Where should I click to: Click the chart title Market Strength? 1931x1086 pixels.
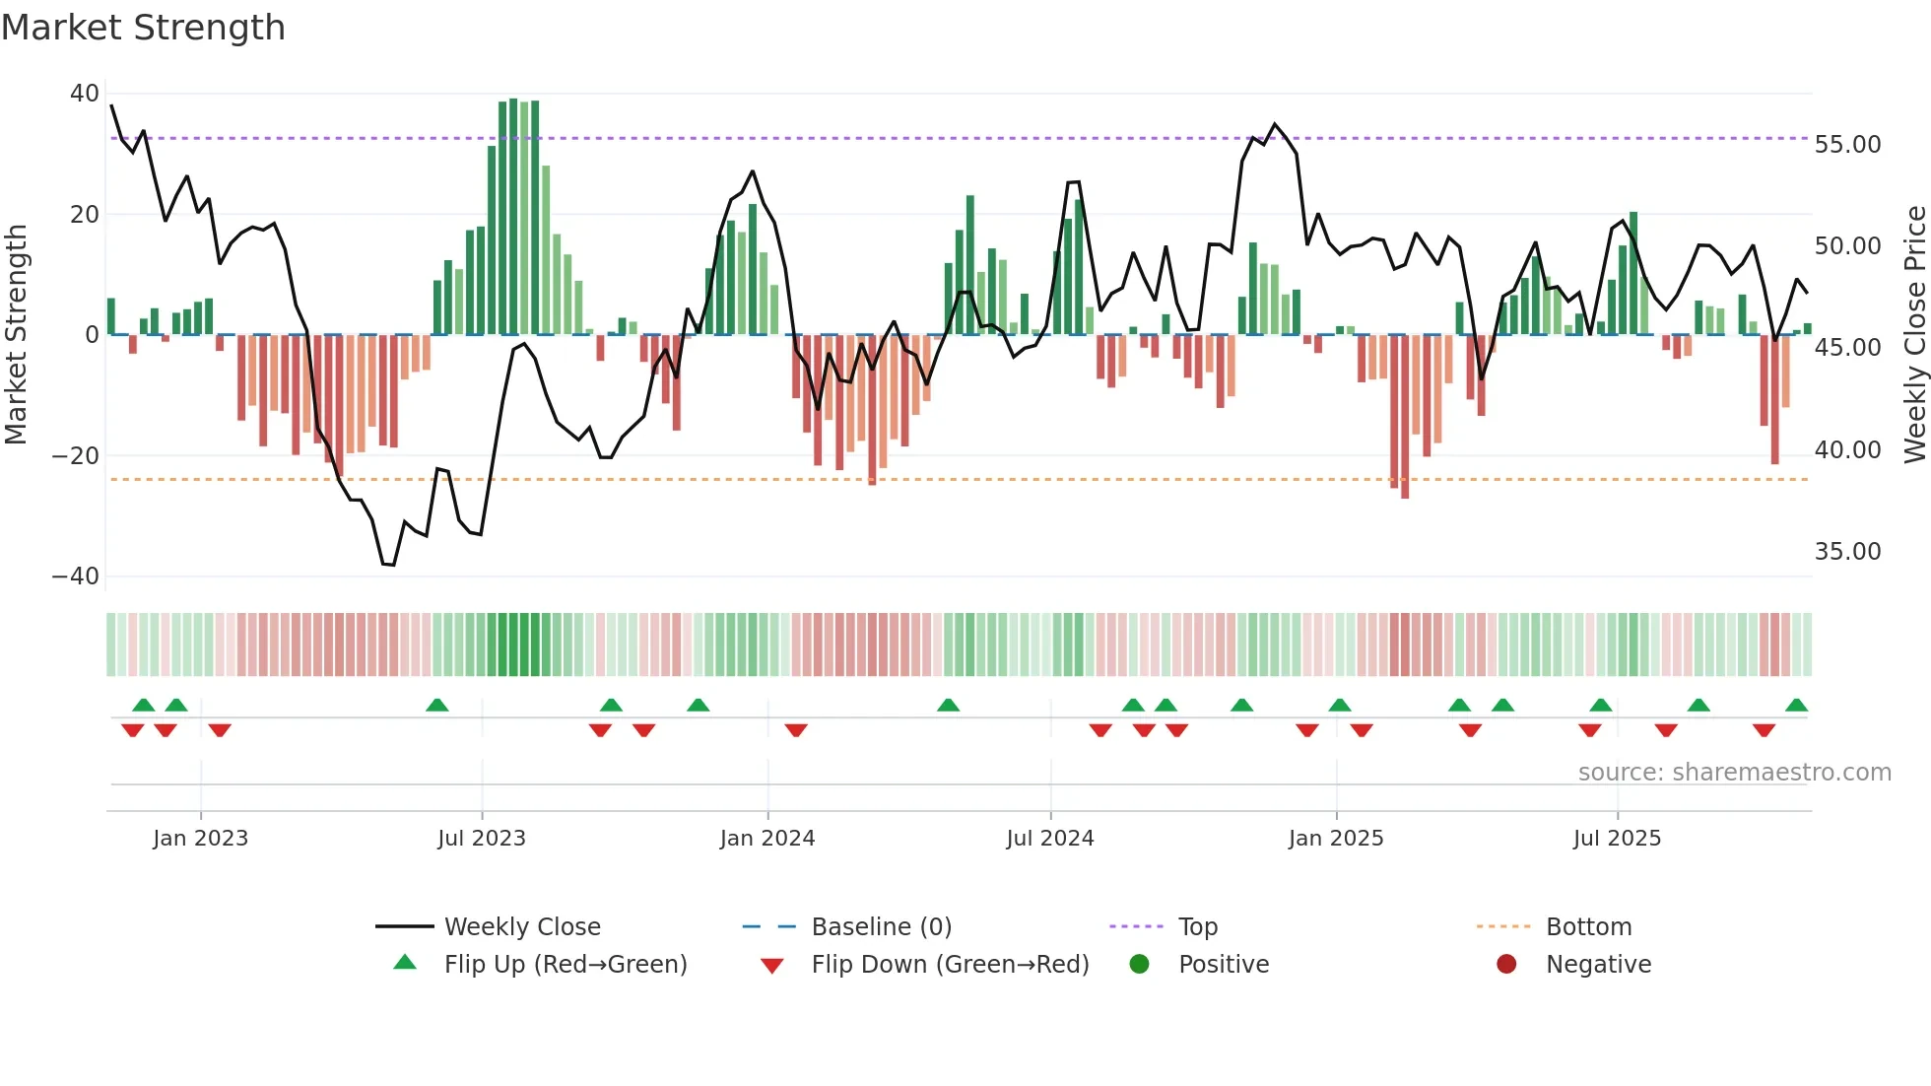tap(144, 28)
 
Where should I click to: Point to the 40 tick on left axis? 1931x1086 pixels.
tap(84, 94)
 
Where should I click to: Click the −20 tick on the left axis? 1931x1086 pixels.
tap(76, 456)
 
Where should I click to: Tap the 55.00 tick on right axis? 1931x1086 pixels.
tap(1847, 145)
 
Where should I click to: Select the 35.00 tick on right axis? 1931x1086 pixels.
tap(1847, 552)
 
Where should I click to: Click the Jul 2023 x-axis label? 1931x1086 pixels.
tap(482, 839)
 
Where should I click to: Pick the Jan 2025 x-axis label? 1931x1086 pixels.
tap(1336, 839)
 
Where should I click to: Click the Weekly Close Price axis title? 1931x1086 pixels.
tap(1914, 335)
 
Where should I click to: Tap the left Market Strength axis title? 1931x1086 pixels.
tap(17, 335)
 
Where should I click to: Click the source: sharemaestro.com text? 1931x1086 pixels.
tap(1734, 773)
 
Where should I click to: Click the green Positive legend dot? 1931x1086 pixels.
tap(1140, 965)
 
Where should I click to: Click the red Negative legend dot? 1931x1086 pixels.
tap(1506, 965)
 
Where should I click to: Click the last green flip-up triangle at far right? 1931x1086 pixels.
tap(1796, 706)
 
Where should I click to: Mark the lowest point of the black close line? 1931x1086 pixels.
tap(389, 565)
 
